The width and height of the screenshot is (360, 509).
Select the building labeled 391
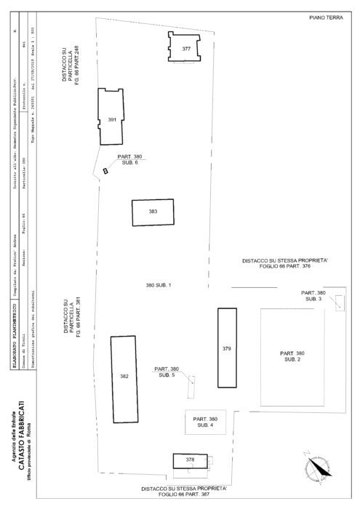pyautogui.click(x=111, y=118)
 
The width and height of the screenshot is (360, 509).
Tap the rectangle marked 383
pyautogui.click(x=153, y=212)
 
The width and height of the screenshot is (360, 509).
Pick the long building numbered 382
pyautogui.click(x=124, y=377)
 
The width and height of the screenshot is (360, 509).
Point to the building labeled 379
pyautogui.click(x=227, y=350)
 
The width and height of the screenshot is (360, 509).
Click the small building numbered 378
pyautogui.click(x=190, y=460)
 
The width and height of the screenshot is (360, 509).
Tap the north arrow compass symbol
pyautogui.click(x=316, y=467)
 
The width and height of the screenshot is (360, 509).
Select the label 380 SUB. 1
pyautogui.click(x=158, y=284)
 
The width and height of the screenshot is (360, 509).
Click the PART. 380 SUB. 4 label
pyautogui.click(x=205, y=422)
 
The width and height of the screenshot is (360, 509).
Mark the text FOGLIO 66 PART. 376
pyautogui.click(x=286, y=267)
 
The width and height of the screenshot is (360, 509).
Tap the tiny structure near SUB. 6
pyautogui.click(x=105, y=171)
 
